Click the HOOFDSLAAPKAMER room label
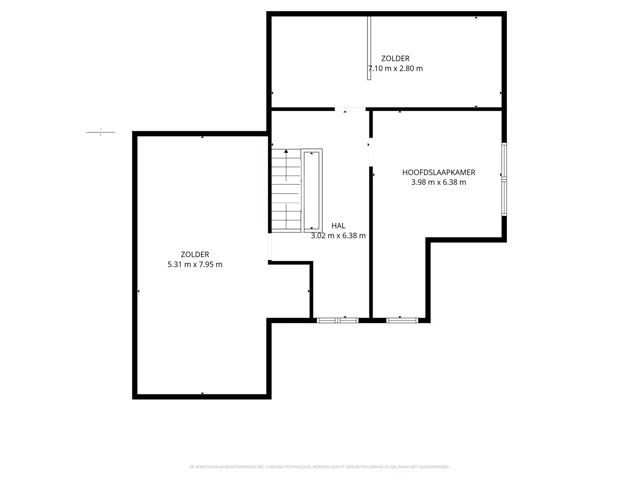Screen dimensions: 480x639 [x=439, y=172]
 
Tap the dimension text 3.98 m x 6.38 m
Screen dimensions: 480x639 [x=439, y=182]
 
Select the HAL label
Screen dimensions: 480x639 [x=338, y=226]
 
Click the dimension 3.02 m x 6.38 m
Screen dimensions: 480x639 [x=338, y=236]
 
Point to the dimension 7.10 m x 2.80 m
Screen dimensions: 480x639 [x=395, y=68]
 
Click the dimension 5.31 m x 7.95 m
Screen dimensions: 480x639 [x=195, y=264]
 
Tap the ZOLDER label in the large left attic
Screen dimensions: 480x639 [x=195, y=254]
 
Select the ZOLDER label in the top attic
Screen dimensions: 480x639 [x=395, y=58]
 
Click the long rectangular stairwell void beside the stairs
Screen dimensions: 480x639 [x=312, y=190]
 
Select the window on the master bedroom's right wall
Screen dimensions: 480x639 [x=504, y=180]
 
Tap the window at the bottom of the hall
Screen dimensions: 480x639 [x=337, y=320]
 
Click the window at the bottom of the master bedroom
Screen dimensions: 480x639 [x=402, y=320]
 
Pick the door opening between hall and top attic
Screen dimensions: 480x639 [x=350, y=109]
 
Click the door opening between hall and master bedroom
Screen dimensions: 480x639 [x=371, y=152]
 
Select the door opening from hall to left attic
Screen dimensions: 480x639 [x=270, y=247]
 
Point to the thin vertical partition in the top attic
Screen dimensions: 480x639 [x=369, y=48]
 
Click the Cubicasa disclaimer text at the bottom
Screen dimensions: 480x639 [x=319, y=467]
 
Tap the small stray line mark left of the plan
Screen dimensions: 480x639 [x=100, y=132]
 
